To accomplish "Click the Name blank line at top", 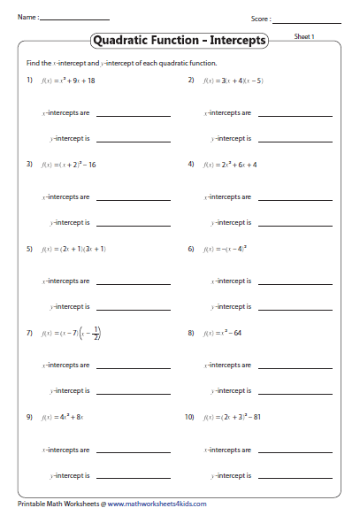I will [x=74, y=19].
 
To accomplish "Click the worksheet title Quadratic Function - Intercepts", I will [x=180, y=40].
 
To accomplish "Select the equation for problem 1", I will [x=68, y=81].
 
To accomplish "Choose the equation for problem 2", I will [x=233, y=81].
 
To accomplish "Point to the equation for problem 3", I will [x=69, y=165].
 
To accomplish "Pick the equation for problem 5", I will [x=73, y=249].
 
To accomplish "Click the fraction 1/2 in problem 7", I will [x=96, y=333].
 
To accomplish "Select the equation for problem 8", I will [x=221, y=333].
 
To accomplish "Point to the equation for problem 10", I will [x=235, y=417].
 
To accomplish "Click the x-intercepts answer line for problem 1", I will [x=134, y=116].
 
